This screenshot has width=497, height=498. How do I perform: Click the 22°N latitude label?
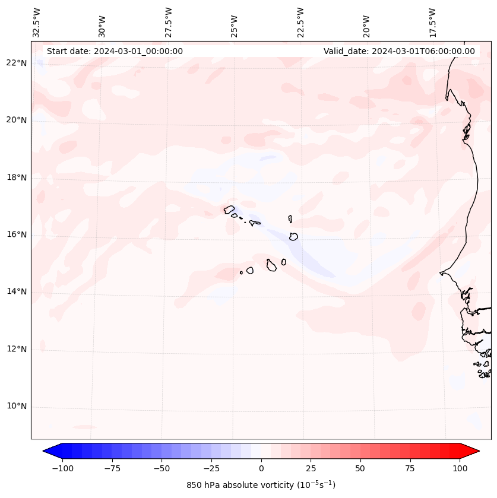coord(17,63)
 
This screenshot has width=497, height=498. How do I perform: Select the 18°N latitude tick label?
coord(17,177)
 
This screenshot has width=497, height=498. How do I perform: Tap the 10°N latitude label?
coord(17,407)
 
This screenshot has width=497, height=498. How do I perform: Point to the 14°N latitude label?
coord(17,291)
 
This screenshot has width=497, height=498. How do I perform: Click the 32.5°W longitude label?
coord(37,22)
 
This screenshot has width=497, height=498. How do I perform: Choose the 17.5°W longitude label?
coord(432,22)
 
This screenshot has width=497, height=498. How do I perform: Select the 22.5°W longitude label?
coord(300,22)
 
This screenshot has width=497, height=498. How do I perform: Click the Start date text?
coord(115,51)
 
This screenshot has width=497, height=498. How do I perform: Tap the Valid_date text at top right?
coord(399,51)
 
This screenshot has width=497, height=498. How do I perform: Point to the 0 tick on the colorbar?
coord(261,468)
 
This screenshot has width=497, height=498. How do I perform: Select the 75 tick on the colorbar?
coord(410,468)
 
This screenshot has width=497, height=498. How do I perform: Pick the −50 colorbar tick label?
coord(162,468)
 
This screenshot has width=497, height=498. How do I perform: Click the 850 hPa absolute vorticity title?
coord(261,485)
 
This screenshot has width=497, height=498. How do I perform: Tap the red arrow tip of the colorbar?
coord(474,451)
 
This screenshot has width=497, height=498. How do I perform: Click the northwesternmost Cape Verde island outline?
coord(229,209)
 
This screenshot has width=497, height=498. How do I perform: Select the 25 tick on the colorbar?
coord(311,468)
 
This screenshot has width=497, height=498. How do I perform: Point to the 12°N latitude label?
coord(17,349)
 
